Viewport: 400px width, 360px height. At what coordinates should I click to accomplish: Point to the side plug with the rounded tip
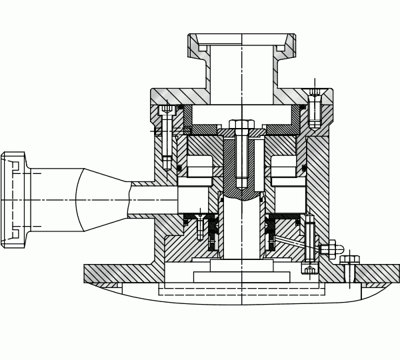coord(331,249)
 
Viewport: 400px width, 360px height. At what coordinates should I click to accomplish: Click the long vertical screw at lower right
coord(309,243)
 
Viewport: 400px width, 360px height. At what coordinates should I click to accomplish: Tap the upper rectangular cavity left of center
coord(199,167)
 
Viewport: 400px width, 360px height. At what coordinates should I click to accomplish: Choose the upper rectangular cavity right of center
coord(283,167)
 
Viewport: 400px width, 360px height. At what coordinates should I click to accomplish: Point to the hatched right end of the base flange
coord(380,273)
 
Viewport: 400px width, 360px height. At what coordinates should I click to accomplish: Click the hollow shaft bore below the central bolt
coord(241,230)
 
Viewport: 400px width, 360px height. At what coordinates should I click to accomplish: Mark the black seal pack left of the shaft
coord(214,235)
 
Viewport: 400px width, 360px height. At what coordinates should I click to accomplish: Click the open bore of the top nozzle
coord(241,67)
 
